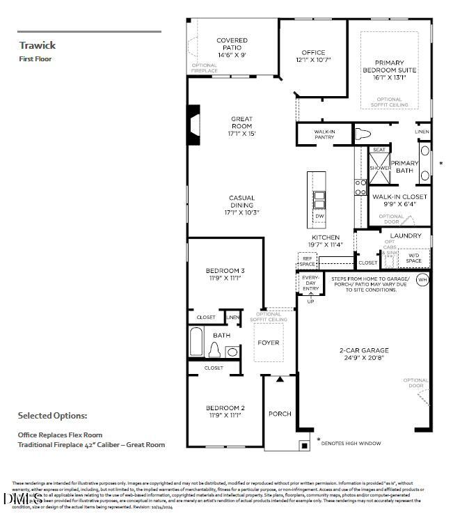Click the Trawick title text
click(x=38, y=45)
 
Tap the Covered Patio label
click(x=232, y=47)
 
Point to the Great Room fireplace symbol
click(x=195, y=125)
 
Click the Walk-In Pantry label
click(x=324, y=134)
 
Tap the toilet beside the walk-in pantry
click(x=364, y=134)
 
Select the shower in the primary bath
click(x=380, y=169)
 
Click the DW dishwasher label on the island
click(x=319, y=217)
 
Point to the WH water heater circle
click(x=422, y=280)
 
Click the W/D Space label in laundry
click(x=414, y=258)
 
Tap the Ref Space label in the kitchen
click(x=307, y=261)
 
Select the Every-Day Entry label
click(x=310, y=283)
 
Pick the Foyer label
click(x=269, y=343)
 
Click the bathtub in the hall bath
click(x=197, y=343)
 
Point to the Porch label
click(x=280, y=414)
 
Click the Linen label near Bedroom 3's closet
click(x=233, y=318)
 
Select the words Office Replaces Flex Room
click(x=60, y=435)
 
